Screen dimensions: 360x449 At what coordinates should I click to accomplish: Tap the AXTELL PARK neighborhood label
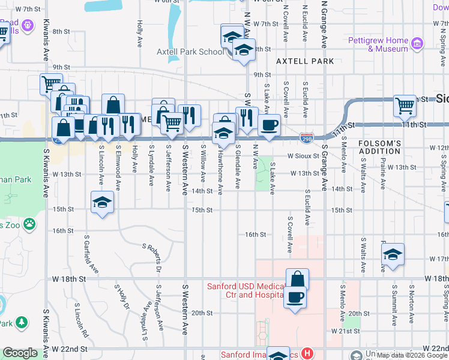(305, 61)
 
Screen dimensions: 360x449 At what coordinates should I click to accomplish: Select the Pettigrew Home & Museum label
(378, 44)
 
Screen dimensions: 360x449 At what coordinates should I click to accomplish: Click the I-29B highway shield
(306, 138)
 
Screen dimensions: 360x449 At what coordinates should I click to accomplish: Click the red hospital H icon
(307, 354)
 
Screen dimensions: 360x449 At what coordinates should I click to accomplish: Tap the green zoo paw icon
(29, 225)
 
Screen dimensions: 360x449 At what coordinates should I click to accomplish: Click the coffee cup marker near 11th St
(269, 125)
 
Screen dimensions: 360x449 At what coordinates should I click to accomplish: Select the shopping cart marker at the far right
(405, 106)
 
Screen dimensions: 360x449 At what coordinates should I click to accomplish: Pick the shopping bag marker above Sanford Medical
(297, 279)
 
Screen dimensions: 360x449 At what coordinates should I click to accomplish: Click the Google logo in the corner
(20, 353)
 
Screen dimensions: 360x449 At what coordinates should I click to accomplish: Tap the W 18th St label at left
(70, 279)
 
